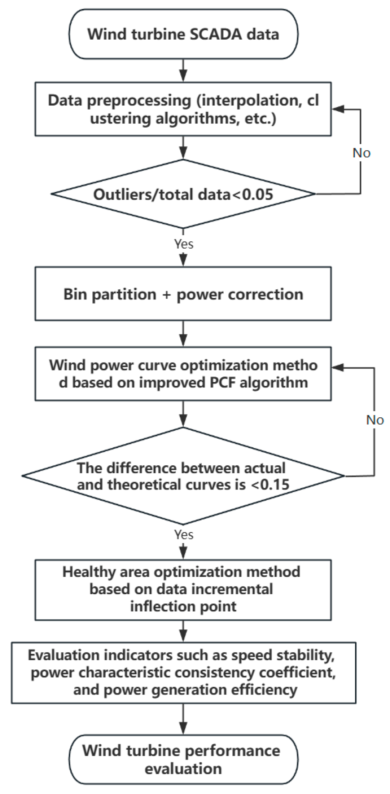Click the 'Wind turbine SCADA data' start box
(x=183, y=34)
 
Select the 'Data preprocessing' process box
(x=183, y=109)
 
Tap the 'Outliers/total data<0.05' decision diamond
(x=183, y=194)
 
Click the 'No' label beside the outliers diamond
(x=361, y=153)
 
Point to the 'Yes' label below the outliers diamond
(x=184, y=244)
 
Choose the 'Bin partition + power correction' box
(x=183, y=294)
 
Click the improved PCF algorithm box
(x=183, y=374)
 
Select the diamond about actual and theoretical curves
(x=183, y=476)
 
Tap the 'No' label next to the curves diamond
(x=375, y=420)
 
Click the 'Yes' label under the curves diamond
(x=184, y=535)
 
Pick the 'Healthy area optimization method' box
(x=183, y=589)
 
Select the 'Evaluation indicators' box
(x=183, y=672)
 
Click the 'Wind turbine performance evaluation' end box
(x=183, y=759)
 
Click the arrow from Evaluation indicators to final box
(x=183, y=719)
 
